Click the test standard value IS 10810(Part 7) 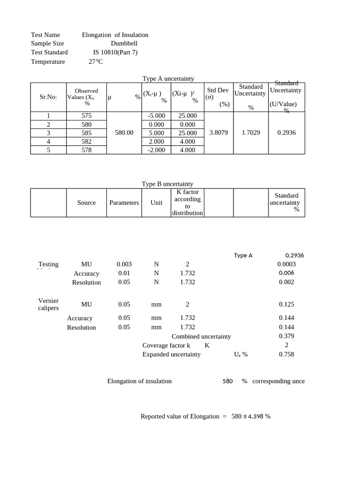pos(115,52)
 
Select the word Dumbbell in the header pos(124,44)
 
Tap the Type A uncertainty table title pos(168,79)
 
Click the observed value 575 pos(87,116)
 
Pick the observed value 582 pos(87,142)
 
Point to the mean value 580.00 pos(124,133)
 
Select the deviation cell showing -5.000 pos(156,116)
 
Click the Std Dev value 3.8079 pos(218,133)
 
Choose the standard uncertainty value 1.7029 pos(251,133)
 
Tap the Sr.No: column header pos(48,97)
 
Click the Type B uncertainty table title pos(167,184)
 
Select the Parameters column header pos(124,202)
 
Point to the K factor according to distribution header pos(187,202)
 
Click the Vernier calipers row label pos(48,304)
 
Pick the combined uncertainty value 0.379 pos(286,336)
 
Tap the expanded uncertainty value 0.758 pos(286,354)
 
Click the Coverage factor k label pos(166,345)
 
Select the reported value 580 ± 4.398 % pos(251,416)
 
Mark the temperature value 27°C pos(95,61)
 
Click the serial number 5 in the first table pos(48,150)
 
